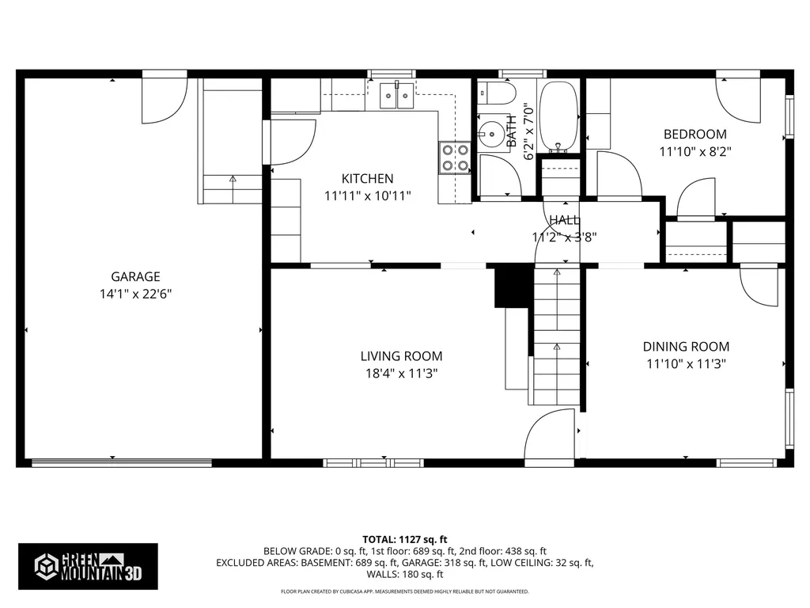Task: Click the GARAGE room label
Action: (135, 276)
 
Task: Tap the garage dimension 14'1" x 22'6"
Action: (135, 294)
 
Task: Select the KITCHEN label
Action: (367, 178)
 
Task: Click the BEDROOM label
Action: (695, 134)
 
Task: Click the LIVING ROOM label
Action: (401, 356)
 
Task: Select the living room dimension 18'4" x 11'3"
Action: (401, 373)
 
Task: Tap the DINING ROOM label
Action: (686, 346)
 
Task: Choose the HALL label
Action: (564, 220)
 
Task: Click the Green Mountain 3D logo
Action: (87, 565)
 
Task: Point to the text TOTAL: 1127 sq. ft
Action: (404, 538)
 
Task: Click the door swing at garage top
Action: (164, 99)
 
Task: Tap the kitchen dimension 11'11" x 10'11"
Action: (367, 195)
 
